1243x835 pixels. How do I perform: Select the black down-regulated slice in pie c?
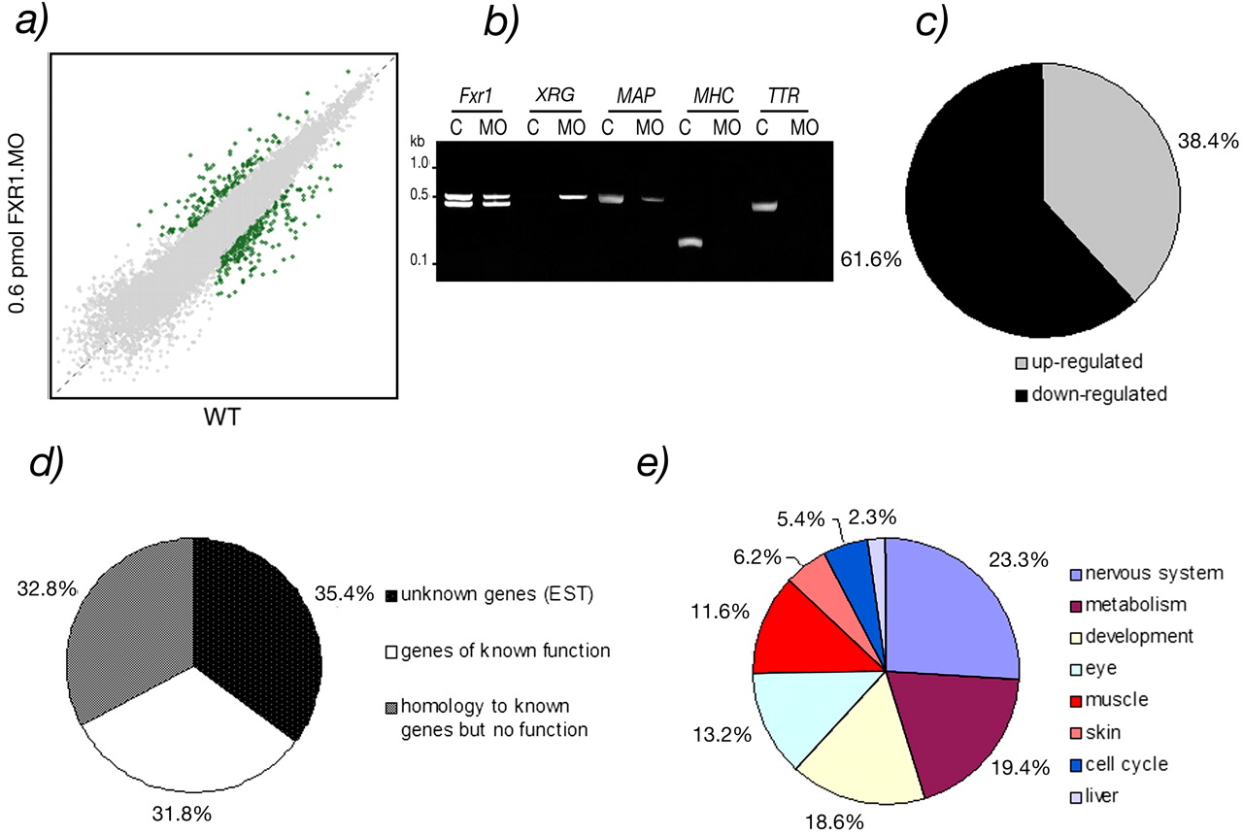coord(981,214)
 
